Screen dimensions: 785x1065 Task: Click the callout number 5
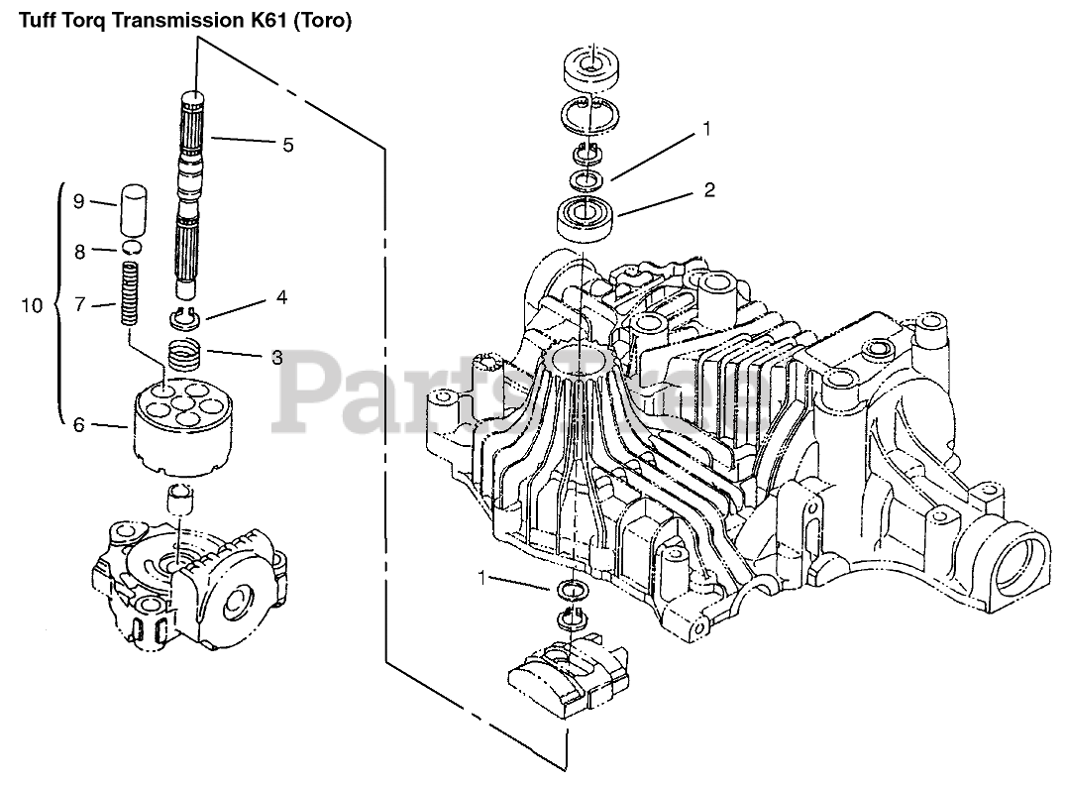pos(287,145)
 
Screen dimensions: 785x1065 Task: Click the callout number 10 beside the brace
pos(33,305)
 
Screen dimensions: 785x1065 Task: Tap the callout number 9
pos(78,201)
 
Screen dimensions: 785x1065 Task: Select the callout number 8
pos(78,252)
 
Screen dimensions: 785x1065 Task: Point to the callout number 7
pos(78,306)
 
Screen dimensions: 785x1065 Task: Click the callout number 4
pos(282,296)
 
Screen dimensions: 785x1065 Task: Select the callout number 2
pos(709,188)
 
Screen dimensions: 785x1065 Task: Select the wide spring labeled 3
pos(182,355)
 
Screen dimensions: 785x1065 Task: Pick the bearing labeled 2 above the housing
pos(589,216)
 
